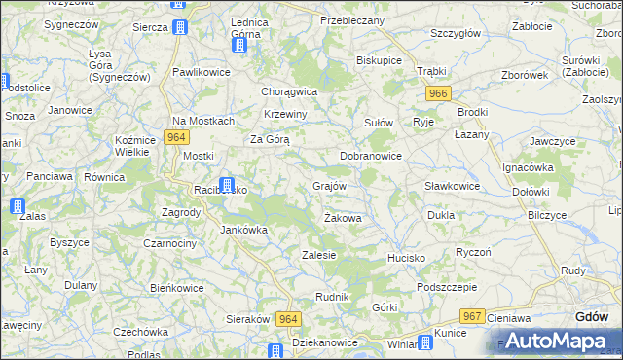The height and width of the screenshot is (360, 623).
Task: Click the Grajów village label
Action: click(329, 186)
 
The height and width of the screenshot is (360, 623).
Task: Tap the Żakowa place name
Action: click(343, 219)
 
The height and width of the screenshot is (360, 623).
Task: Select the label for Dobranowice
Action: click(371, 156)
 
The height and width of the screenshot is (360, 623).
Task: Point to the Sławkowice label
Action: click(453, 186)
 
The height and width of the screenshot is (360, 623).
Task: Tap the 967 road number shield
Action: click(473, 316)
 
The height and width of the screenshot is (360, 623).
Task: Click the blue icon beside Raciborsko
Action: click(226, 184)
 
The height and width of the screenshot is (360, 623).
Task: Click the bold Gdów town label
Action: click(592, 317)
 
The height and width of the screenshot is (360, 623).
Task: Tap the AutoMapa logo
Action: click(550, 341)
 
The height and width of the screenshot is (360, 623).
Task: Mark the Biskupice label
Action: click(380, 59)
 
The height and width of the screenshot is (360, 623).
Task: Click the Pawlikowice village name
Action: click(200, 72)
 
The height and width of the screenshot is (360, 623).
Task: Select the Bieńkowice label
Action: click(176, 288)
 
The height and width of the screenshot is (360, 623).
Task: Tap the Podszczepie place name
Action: click(446, 288)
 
